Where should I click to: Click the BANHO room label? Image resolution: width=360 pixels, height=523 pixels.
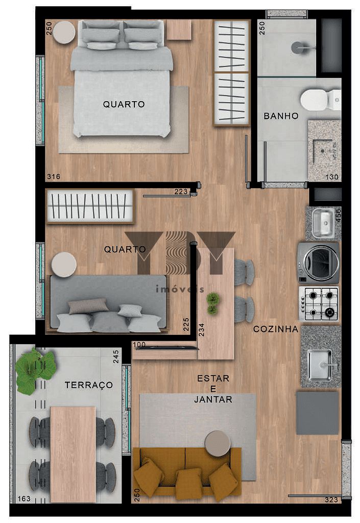click(281, 116)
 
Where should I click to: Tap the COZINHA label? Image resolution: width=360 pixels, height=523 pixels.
click(276, 329)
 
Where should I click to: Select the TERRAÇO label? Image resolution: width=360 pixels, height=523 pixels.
click(88, 385)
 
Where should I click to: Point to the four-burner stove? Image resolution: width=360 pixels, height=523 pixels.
click(319, 303)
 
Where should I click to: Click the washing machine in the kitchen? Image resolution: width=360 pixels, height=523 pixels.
click(319, 263)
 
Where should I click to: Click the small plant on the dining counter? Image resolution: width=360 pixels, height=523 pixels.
click(212, 302)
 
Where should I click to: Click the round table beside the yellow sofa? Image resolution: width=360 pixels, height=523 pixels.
click(217, 443)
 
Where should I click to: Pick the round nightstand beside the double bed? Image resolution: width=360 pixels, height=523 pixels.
click(65, 32)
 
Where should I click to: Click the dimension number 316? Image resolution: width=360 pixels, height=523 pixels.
click(53, 177)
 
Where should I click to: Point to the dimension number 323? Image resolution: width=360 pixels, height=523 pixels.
click(332, 499)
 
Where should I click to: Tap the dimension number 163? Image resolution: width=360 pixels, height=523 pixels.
click(23, 499)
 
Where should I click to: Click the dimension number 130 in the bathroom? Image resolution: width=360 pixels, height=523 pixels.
click(332, 177)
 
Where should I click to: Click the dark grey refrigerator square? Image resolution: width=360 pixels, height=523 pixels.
click(318, 413)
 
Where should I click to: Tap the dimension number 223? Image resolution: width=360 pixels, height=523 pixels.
click(181, 192)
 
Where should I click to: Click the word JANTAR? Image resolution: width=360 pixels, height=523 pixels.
click(213, 399)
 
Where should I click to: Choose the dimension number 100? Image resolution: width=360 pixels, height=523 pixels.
click(139, 345)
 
